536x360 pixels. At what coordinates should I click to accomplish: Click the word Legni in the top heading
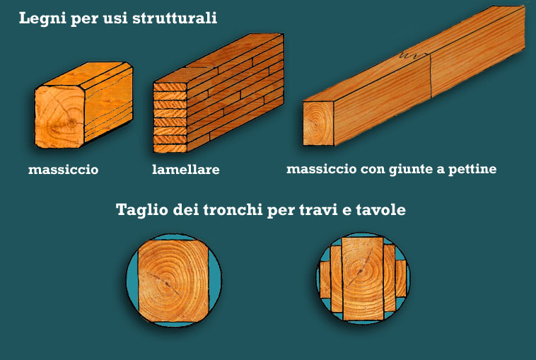[42, 18]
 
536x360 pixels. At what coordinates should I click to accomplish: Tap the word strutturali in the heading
[175, 18]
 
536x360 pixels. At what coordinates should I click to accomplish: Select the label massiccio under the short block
[63, 170]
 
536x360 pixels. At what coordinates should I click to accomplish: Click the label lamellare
[185, 169]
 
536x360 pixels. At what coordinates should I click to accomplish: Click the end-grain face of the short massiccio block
[59, 117]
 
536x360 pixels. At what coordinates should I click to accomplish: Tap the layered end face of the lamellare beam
[170, 117]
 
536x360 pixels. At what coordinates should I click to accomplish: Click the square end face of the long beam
[318, 124]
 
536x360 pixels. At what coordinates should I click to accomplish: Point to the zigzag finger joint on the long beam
[414, 55]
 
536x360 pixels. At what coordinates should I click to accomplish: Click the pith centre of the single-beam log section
[167, 284]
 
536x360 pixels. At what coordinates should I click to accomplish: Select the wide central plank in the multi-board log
[363, 279]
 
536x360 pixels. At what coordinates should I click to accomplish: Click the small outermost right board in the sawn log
[401, 278]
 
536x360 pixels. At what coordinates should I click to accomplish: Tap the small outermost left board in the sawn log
[325, 279]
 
